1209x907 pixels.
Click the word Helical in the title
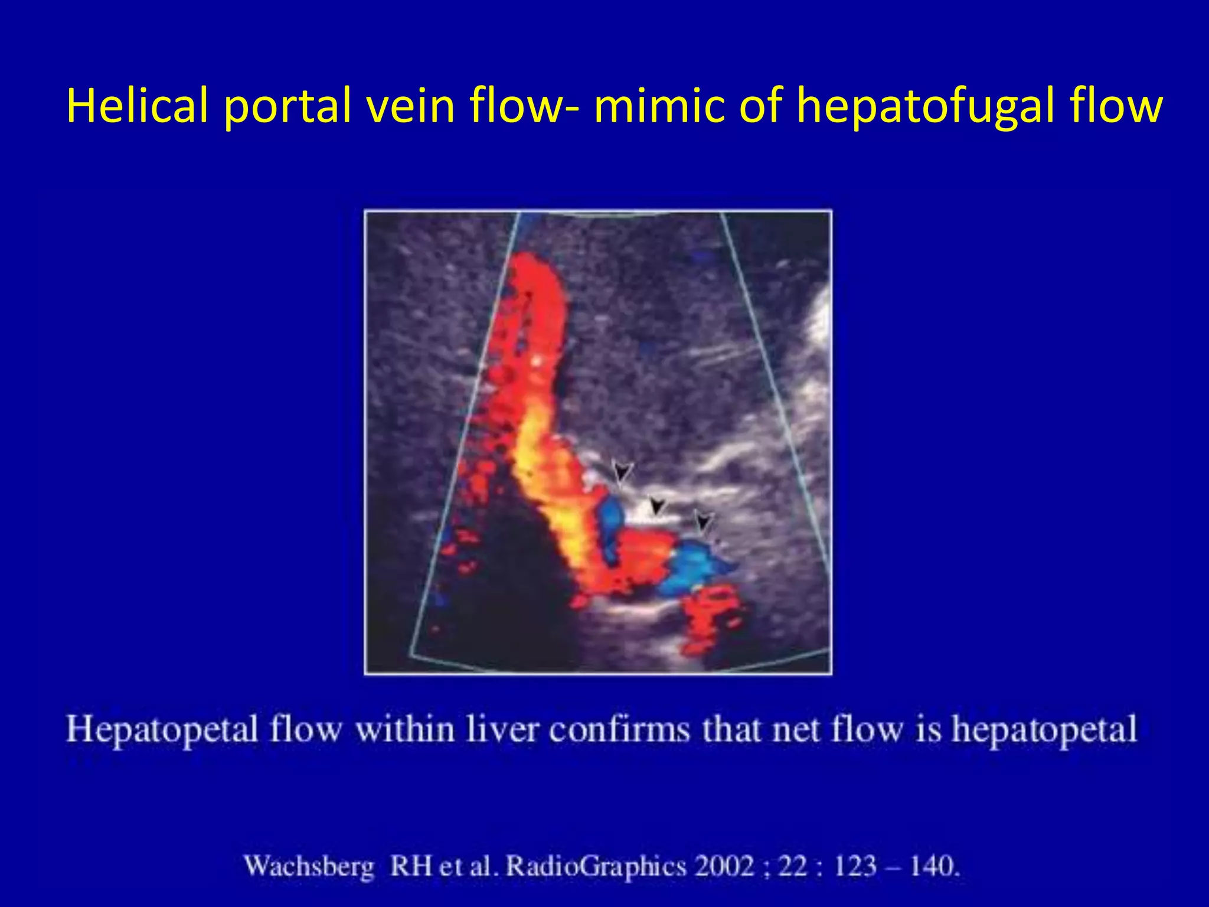pos(138,106)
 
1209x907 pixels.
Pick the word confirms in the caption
pos(619,730)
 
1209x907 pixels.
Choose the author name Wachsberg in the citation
pos(309,867)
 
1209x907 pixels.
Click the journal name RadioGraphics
pos(596,867)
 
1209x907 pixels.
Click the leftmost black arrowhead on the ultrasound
pos(622,472)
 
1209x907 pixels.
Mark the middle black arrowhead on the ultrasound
pos(656,507)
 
